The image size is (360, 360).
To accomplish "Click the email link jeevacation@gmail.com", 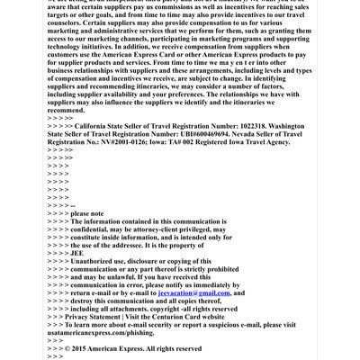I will point(193,292).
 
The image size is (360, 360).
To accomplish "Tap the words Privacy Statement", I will point(101,317).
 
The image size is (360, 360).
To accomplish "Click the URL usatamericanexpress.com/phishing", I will point(103,332).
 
